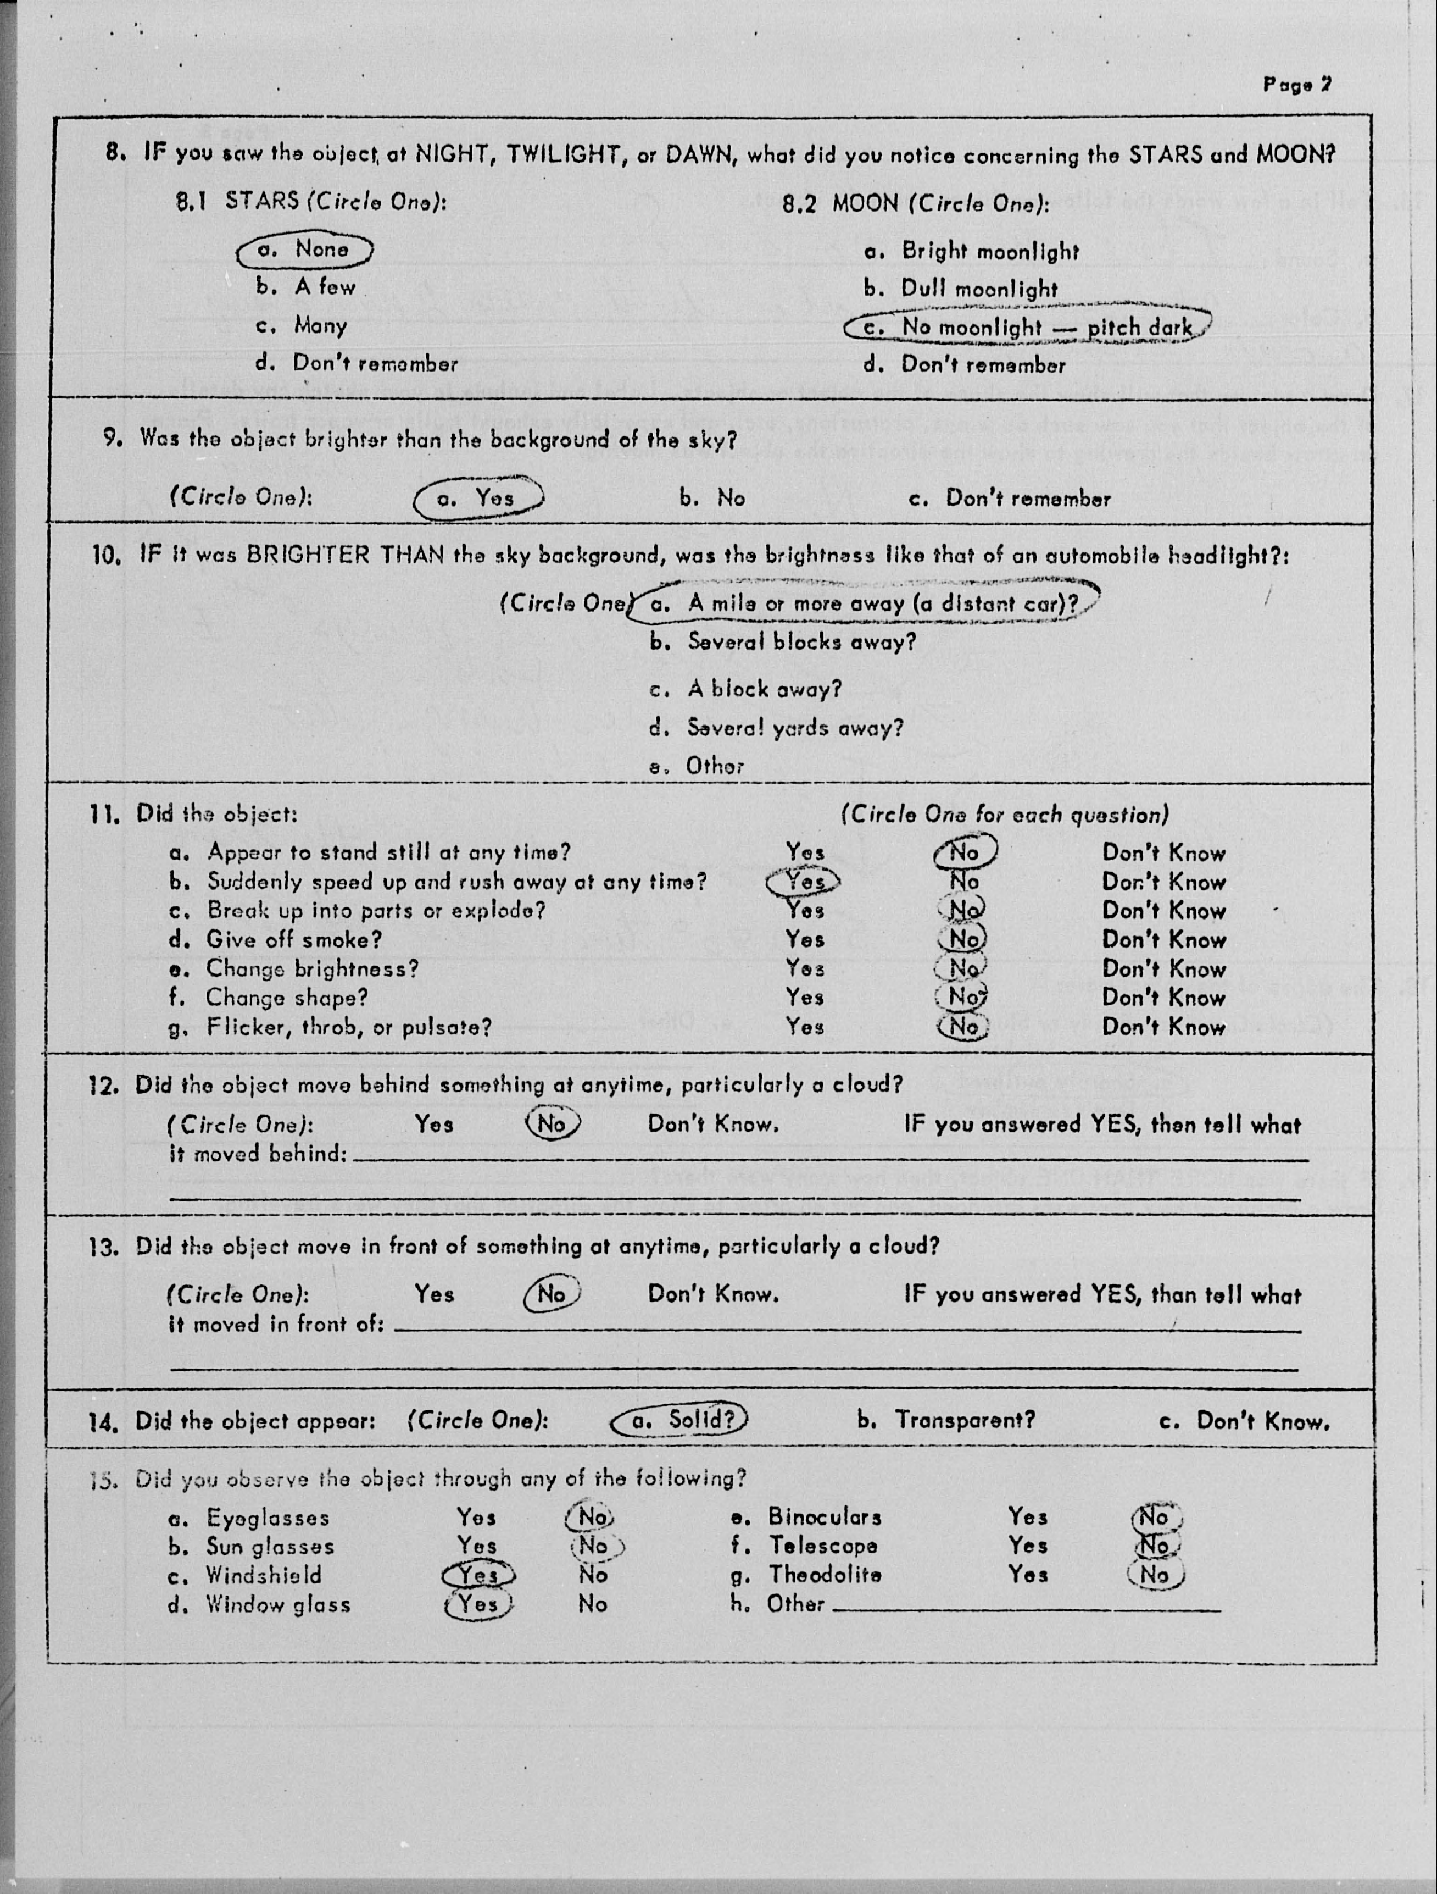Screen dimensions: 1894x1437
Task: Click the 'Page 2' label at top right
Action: click(1296, 84)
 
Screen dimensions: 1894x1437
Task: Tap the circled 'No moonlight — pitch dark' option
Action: click(1027, 327)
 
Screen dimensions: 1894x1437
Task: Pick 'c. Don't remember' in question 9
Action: click(1010, 499)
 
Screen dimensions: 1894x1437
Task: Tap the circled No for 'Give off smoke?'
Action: click(963, 938)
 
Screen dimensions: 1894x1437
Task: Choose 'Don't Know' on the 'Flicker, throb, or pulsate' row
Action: click(1163, 1027)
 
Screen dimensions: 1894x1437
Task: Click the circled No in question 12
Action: click(552, 1123)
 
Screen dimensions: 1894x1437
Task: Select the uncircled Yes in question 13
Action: click(434, 1293)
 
